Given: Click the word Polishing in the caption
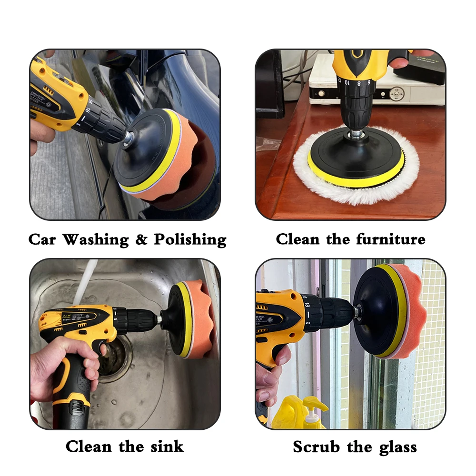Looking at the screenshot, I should coord(190,239).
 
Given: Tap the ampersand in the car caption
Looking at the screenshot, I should coord(141,239).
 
